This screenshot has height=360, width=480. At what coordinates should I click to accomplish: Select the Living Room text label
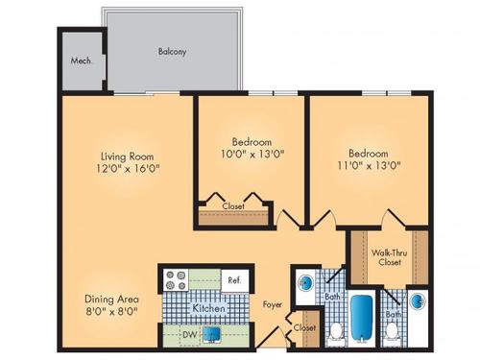point(127,156)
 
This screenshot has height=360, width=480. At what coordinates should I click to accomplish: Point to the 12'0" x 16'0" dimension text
point(127,170)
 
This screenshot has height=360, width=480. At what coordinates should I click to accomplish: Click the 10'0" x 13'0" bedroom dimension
point(252,152)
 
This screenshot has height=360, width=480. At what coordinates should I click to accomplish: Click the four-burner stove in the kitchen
point(177,280)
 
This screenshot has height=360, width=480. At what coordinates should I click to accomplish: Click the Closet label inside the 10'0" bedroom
point(232,205)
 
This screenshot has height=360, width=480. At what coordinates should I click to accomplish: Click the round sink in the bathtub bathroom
point(306,283)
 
